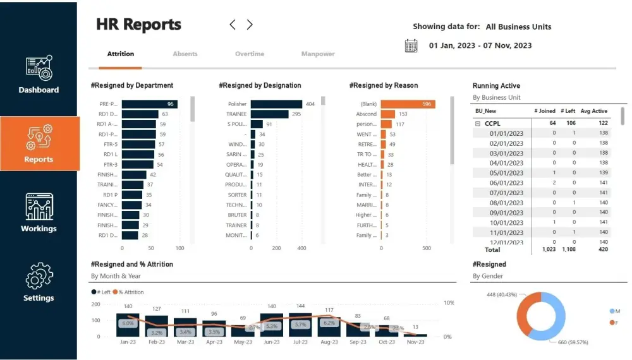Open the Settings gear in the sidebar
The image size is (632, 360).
(x=39, y=276)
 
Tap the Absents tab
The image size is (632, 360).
(x=185, y=54)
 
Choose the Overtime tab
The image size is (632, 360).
(x=250, y=54)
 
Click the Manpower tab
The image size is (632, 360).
(x=318, y=54)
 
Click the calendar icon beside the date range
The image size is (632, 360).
(x=411, y=45)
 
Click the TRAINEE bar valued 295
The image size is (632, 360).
(x=270, y=114)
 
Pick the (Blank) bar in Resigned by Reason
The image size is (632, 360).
(x=408, y=104)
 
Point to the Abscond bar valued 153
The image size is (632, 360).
(x=387, y=114)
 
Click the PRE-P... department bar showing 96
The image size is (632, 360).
(x=149, y=104)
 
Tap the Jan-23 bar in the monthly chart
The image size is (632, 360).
(x=128, y=325)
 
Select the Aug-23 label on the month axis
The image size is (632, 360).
(x=329, y=342)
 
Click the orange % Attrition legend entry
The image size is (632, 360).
(x=130, y=292)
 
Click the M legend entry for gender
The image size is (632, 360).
(x=615, y=311)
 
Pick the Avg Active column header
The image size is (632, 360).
(x=594, y=111)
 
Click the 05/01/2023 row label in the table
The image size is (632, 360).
(x=506, y=173)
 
